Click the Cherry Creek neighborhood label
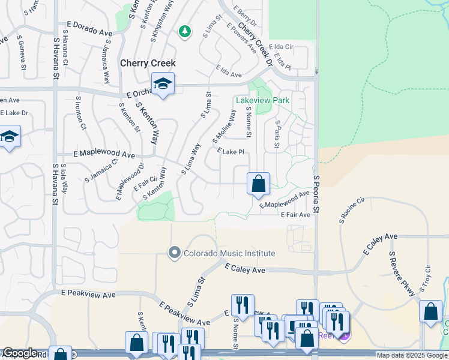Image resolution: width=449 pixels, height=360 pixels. coord(148,63)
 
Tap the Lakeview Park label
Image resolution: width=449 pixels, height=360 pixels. coord(263,100)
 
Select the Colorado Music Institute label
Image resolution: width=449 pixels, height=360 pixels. coord(230,253)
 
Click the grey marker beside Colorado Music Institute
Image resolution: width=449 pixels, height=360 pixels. coord(175,253)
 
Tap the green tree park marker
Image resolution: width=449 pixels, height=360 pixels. coord(185,31)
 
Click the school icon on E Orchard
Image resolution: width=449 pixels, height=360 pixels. coord(163,84)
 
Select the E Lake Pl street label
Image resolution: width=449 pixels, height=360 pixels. coord(231,152)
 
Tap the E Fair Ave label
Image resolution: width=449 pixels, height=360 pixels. coord(295,214)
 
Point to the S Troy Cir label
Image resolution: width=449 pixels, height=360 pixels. coord(427,278)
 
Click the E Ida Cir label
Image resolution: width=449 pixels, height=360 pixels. coord(280,46)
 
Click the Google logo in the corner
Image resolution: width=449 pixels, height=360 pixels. coord(20,353)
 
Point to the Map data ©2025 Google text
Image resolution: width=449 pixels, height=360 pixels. coord(412,355)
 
